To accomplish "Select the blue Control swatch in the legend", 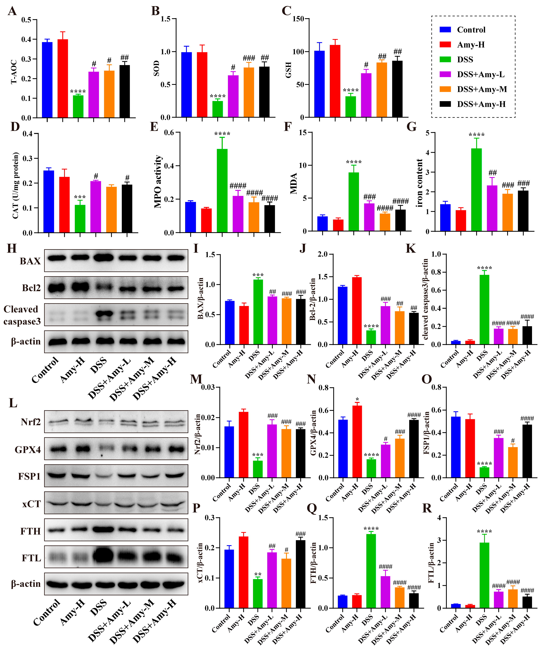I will click(x=445, y=30).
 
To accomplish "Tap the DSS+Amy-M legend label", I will click(x=482, y=89).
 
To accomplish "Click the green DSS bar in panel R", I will click(x=484, y=575).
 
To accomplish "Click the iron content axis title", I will click(x=420, y=183).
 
